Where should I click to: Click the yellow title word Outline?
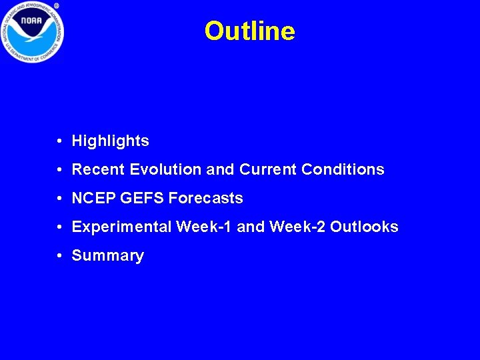click(x=249, y=31)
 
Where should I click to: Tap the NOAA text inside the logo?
click(x=31, y=22)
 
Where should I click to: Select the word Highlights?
click(x=110, y=141)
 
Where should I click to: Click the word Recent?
click(x=99, y=170)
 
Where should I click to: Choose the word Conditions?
click(x=343, y=170)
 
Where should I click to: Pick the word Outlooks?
click(x=364, y=227)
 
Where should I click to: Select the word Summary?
click(x=107, y=256)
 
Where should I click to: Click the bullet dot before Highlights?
click(x=60, y=141)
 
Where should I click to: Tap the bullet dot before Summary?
click(x=60, y=256)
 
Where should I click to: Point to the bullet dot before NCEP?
click(x=60, y=199)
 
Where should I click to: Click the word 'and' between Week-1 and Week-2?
click(x=251, y=227)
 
